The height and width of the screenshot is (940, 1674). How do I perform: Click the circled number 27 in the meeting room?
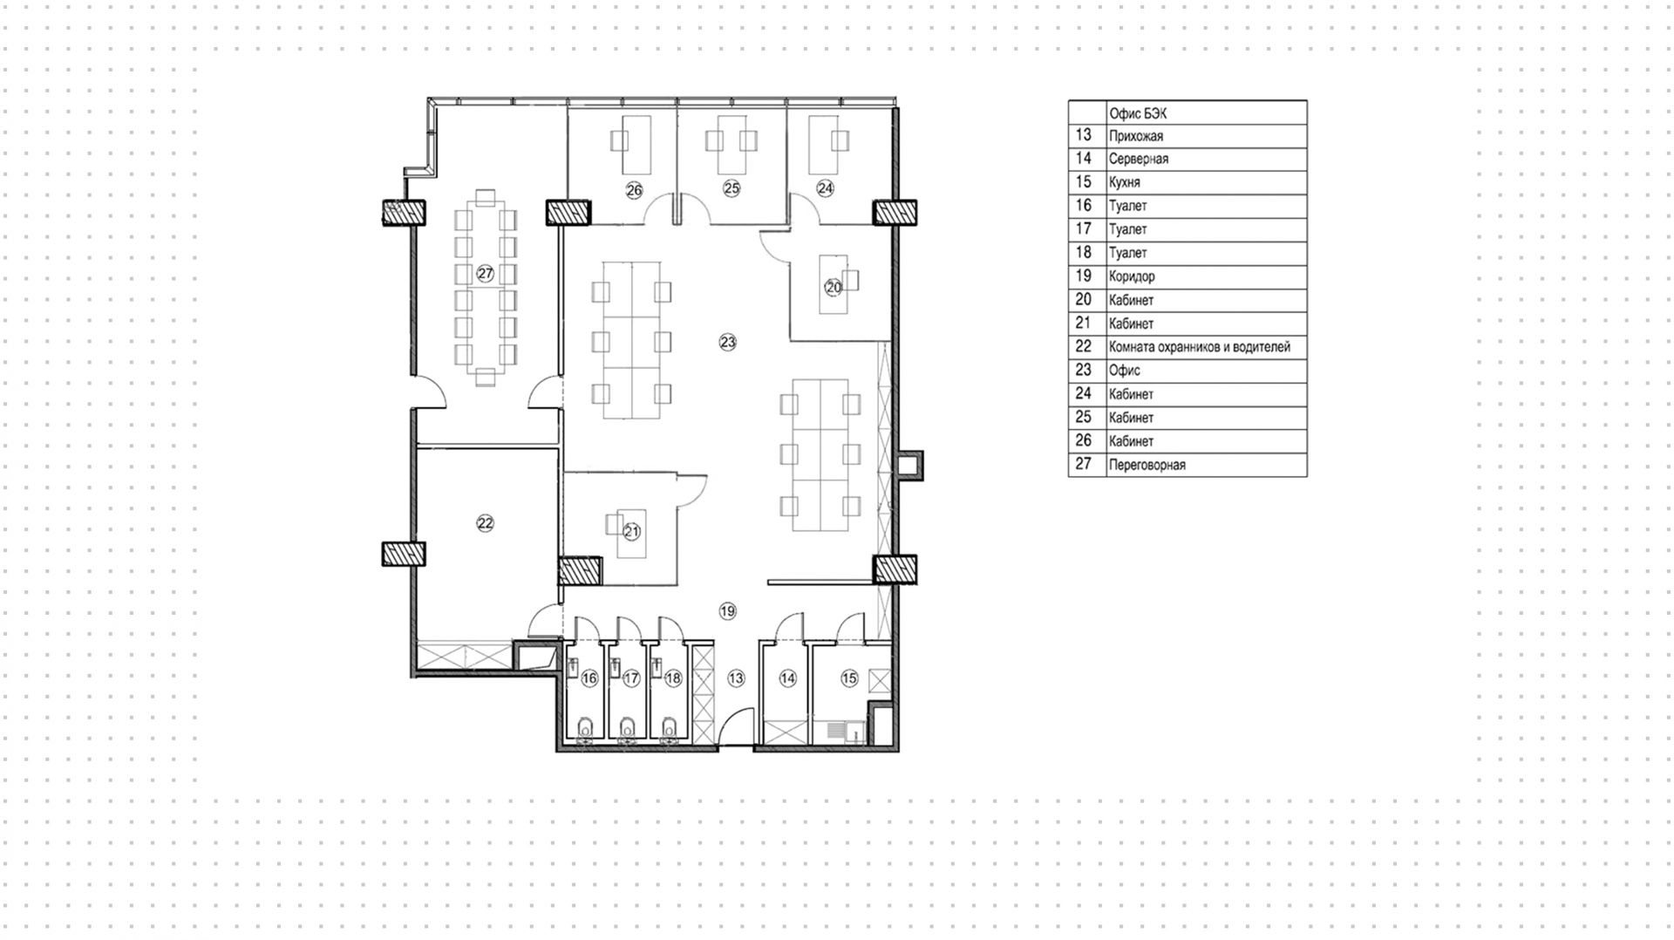coord(486,274)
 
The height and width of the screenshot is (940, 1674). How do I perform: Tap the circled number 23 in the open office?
coord(728,343)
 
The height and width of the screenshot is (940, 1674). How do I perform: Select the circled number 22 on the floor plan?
coord(486,523)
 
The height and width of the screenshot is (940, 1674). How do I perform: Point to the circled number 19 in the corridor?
coord(728,611)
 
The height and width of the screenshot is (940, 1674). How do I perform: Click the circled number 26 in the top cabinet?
coord(634,190)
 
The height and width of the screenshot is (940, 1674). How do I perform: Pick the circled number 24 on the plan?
coord(825,187)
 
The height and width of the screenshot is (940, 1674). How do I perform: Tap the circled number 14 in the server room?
coord(788,678)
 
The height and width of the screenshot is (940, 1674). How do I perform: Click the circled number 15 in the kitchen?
coord(849,678)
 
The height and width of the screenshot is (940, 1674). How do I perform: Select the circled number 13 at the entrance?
coord(737,678)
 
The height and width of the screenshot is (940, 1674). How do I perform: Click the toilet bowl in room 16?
coord(587,726)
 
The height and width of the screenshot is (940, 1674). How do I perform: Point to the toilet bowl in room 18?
coord(670,726)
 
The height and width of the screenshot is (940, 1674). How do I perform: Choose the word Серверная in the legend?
coord(1139,159)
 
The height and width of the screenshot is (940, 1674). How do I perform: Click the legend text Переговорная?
coord(1147,465)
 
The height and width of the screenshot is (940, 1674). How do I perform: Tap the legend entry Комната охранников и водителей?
coord(1200,347)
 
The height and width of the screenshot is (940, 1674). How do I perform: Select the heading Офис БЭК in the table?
coord(1138,113)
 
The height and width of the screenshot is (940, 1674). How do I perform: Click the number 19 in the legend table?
coord(1084,276)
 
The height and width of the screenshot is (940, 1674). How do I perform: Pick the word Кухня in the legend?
coord(1125,182)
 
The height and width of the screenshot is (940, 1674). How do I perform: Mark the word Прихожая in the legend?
coord(1136,136)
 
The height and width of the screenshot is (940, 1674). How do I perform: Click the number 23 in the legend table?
coord(1084,370)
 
